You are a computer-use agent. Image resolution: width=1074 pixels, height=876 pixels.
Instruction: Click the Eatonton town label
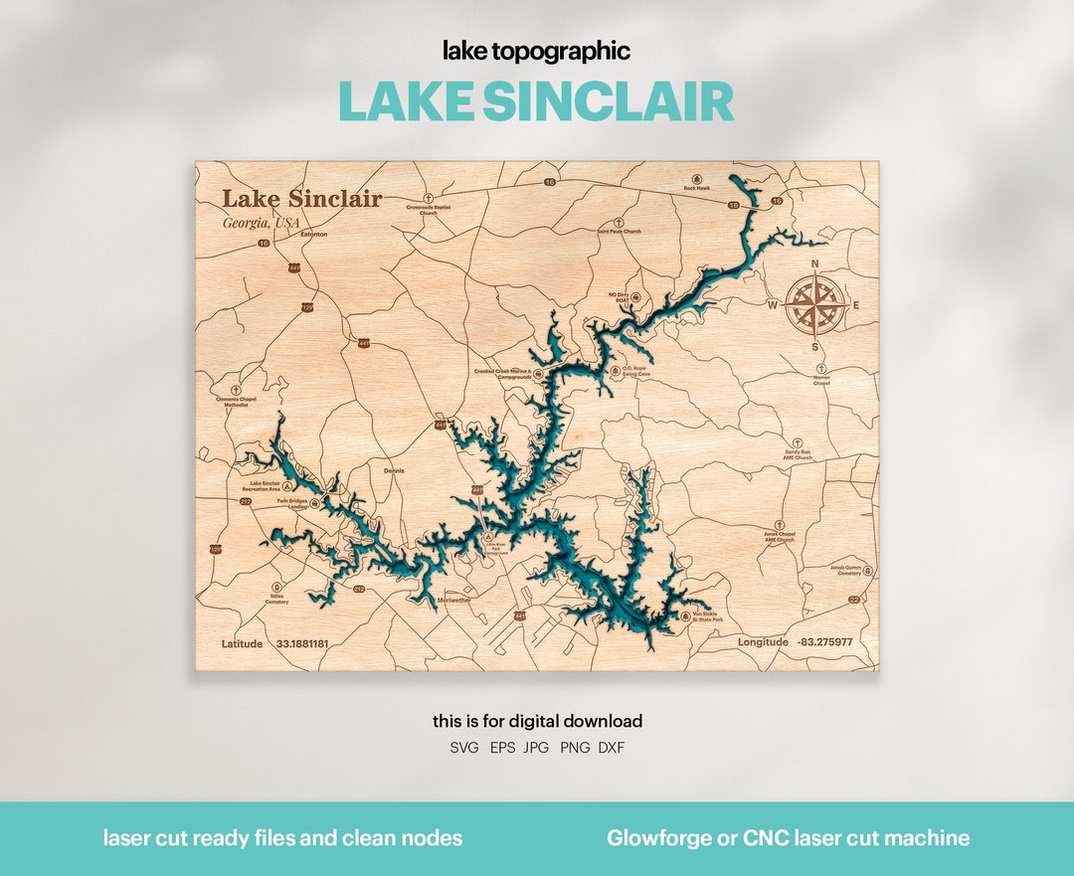tap(313, 235)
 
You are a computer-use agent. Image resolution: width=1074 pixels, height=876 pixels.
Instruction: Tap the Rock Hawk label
tap(696, 188)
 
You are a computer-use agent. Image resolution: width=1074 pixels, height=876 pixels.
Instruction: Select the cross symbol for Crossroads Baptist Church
tap(429, 198)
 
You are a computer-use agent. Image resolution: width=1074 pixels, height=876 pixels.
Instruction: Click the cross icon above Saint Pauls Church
tap(619, 222)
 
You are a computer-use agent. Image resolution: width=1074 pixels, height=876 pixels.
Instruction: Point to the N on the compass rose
tap(815, 264)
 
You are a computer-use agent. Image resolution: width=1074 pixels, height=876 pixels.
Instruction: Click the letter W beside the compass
tap(773, 305)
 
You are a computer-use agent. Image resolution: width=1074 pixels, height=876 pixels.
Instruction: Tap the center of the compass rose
tap(815, 305)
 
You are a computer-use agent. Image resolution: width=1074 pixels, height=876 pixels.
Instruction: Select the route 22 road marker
tap(853, 600)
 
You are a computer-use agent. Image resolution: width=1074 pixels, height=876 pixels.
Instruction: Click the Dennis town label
tap(394, 471)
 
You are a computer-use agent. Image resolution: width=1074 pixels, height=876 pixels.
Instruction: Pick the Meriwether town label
tap(453, 601)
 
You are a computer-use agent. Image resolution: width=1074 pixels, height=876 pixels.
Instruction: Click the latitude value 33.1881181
tap(302, 644)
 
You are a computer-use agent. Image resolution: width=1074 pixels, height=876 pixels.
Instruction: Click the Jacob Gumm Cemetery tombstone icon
tap(867, 571)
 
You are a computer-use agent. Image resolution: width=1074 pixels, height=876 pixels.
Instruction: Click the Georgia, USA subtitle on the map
tap(261, 223)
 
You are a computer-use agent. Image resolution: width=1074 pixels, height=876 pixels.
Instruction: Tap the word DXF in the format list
tap(612, 748)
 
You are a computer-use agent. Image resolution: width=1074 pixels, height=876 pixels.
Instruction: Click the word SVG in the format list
tap(463, 748)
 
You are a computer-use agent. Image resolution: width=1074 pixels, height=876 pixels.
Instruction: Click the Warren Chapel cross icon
tap(821, 369)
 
